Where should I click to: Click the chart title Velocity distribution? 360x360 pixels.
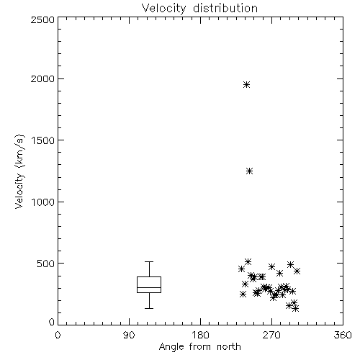click(x=199, y=8)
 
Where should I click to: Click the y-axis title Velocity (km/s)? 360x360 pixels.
click(x=19, y=171)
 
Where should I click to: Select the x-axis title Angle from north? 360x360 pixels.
click(x=199, y=347)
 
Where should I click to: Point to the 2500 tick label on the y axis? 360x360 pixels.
click(x=42, y=19)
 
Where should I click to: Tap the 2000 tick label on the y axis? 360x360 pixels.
click(x=42, y=78)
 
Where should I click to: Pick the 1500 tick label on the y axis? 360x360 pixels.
click(x=43, y=140)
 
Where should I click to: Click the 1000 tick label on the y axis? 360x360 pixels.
click(x=43, y=202)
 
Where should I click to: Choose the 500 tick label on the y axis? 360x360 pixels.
click(x=46, y=264)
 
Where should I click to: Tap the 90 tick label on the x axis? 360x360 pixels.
click(x=129, y=335)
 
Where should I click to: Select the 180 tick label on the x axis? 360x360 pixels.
click(x=200, y=335)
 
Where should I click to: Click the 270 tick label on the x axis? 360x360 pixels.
click(x=271, y=335)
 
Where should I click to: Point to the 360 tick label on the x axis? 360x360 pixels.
click(x=343, y=335)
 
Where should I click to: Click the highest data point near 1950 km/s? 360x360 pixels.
click(x=246, y=85)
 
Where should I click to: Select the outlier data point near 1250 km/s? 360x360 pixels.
click(x=250, y=171)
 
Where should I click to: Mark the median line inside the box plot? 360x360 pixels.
click(x=149, y=287)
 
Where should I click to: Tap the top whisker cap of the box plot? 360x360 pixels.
click(x=149, y=261)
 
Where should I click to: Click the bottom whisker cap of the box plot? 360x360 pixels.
click(x=149, y=308)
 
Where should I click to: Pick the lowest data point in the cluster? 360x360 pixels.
click(x=296, y=309)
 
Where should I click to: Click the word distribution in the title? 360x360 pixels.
click(x=225, y=8)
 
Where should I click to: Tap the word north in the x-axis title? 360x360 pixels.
click(x=229, y=346)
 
